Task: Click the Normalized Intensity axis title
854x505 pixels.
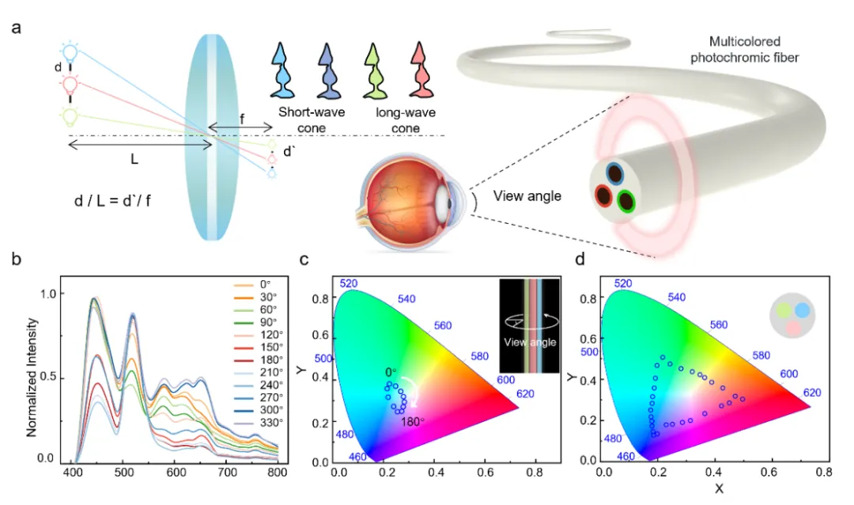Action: coord(32,376)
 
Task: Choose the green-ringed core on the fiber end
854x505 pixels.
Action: coord(627,201)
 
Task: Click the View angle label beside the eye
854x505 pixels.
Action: coord(527,196)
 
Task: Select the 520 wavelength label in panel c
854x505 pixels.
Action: coord(350,283)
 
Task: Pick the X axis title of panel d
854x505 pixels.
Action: coord(719,489)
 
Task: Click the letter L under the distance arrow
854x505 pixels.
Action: coord(134,159)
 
